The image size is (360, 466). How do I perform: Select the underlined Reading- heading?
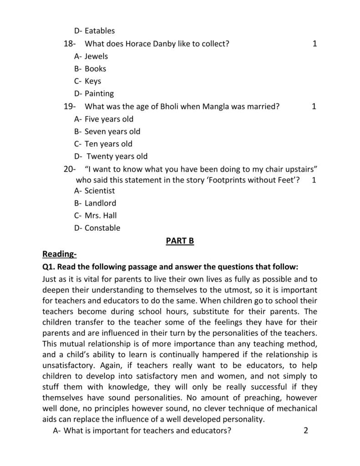pyautogui.click(x=60, y=253)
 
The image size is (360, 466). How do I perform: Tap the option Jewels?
pyautogui.click(x=96, y=56)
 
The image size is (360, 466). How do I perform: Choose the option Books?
pyautogui.click(x=95, y=69)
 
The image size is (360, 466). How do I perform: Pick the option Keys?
pyautogui.click(x=93, y=81)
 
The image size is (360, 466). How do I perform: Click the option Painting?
pyautogui.click(x=99, y=94)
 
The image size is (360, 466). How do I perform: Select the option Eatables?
pyautogui.click(x=100, y=31)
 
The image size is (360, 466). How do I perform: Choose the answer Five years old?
pyautogui.click(x=109, y=119)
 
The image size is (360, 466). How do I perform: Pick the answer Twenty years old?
pyautogui.click(x=117, y=156)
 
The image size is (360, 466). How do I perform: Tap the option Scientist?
pyautogui.click(x=100, y=191)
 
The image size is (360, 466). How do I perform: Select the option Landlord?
pyautogui.click(x=100, y=203)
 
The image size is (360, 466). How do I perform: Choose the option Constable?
pyautogui.click(x=102, y=228)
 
